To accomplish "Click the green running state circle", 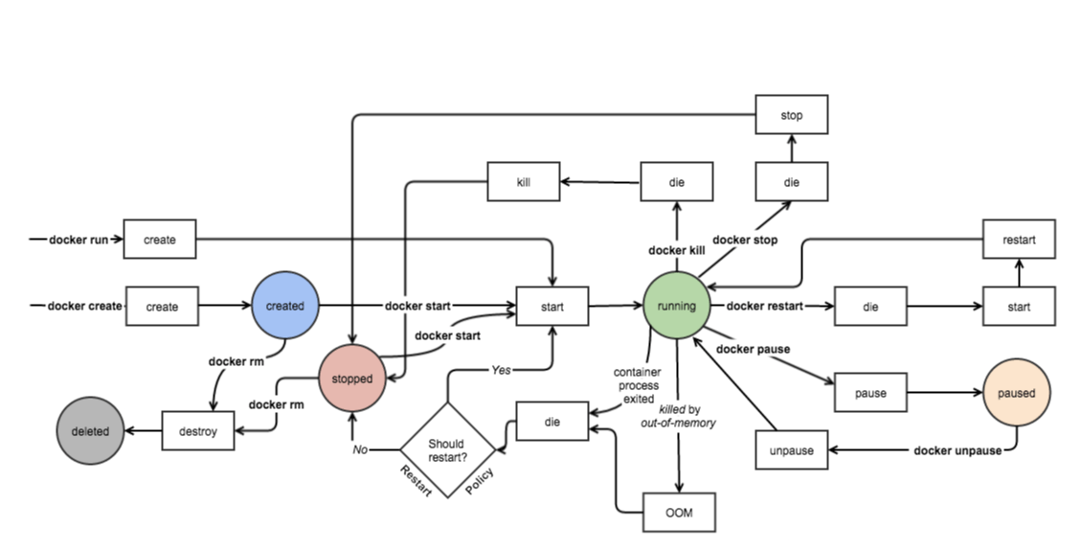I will (677, 307).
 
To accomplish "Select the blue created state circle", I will (284, 307).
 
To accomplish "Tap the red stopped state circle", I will (351, 379).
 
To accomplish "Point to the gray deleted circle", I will (90, 431).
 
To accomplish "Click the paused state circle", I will (1016, 393).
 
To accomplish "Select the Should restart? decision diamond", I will (446, 450).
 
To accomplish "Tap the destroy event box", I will (198, 431).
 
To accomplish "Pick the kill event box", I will (523, 182).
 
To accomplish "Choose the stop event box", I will (791, 115).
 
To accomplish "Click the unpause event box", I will (791, 450).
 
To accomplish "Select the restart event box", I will (1019, 240).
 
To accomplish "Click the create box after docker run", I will (160, 240).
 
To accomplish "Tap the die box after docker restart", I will (870, 307).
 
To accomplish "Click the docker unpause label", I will (957, 450).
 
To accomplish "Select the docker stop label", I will (745, 240).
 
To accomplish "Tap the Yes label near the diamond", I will (501, 370).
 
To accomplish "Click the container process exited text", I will (633, 384).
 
